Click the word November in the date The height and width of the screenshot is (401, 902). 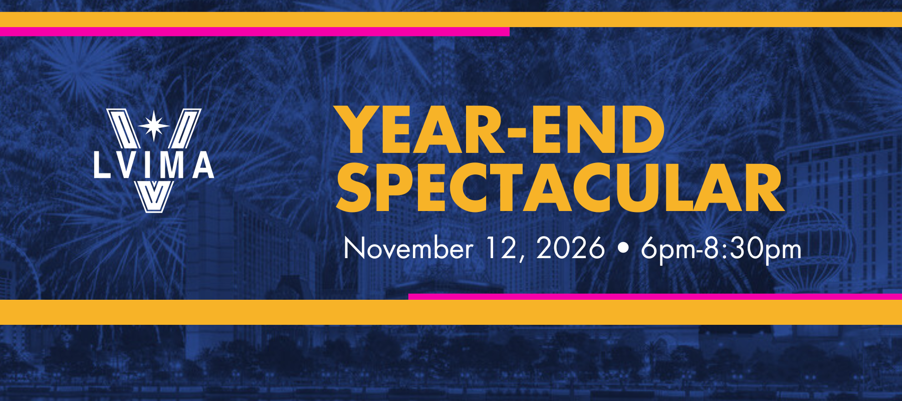click(408, 249)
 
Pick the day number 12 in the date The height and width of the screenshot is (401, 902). click(503, 249)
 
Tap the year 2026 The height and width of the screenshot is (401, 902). click(570, 248)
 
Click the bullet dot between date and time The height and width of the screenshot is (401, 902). click(623, 249)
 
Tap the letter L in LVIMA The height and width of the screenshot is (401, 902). click(102, 165)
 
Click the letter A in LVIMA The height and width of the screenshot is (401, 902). click(203, 165)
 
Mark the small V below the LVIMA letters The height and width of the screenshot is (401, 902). click(154, 195)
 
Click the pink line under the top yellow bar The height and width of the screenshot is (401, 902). click(255, 32)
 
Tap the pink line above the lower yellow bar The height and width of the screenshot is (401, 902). click(655, 296)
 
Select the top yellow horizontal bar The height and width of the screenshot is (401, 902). click(451, 20)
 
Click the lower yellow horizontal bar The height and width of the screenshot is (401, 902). click(451, 312)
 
